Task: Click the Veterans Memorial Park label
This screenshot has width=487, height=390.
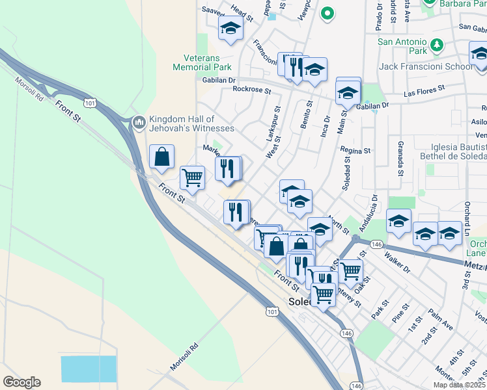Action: [202, 62]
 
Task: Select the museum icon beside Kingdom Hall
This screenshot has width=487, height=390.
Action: [138, 122]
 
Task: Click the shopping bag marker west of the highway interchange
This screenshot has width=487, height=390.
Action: [161, 157]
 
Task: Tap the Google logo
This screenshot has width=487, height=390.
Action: [21, 382]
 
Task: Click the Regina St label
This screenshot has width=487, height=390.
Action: [355, 150]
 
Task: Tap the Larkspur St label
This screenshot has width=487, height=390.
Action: [273, 122]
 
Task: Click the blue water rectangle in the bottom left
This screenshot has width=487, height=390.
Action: [89, 369]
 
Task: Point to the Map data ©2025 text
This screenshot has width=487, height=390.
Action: [459, 385]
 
